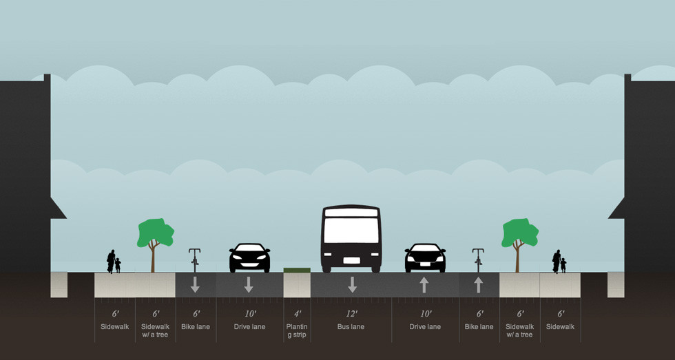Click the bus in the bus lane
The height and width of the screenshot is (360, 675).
(351, 238)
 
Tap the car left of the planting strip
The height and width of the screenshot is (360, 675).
(249, 257)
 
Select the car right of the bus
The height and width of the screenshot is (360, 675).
(425, 257)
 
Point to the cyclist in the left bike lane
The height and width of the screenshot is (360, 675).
(195, 260)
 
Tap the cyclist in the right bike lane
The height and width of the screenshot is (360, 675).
(478, 260)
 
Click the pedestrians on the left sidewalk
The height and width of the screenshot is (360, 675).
(113, 262)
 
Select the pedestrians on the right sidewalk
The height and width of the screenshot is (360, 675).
(559, 262)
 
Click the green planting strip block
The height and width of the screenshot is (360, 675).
(297, 270)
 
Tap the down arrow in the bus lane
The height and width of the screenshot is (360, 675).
(352, 284)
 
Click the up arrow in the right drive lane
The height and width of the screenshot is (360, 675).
(424, 284)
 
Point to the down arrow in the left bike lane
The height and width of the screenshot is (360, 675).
(196, 284)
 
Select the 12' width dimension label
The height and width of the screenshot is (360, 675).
(352, 314)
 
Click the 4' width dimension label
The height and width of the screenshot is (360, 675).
(297, 314)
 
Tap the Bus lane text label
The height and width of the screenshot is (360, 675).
(351, 326)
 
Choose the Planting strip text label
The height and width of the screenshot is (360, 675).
(297, 330)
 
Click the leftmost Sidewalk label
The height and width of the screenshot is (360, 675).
(115, 326)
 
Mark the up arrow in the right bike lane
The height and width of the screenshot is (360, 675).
(479, 284)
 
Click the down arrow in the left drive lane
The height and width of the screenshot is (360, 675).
(249, 284)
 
